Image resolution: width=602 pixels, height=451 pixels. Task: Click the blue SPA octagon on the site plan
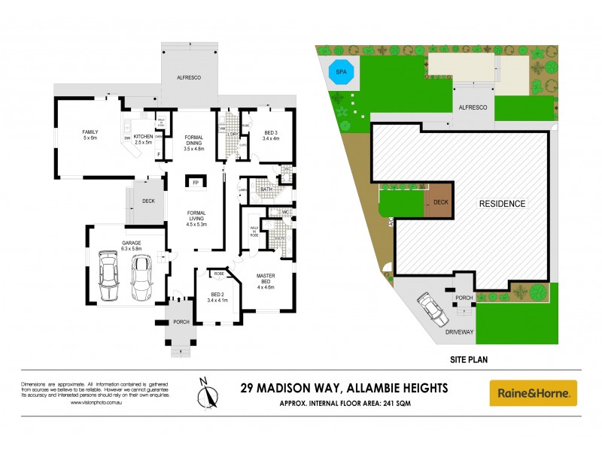342,71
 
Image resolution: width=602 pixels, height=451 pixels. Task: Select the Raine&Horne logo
533,393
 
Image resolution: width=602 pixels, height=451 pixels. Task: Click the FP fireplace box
196,183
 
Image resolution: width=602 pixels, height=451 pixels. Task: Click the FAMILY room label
90,135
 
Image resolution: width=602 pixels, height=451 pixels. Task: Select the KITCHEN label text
143,137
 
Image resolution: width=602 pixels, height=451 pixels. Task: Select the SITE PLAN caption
468,359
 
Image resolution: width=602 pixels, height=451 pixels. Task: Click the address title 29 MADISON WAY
343,388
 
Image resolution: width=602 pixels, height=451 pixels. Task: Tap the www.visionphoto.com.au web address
96,403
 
